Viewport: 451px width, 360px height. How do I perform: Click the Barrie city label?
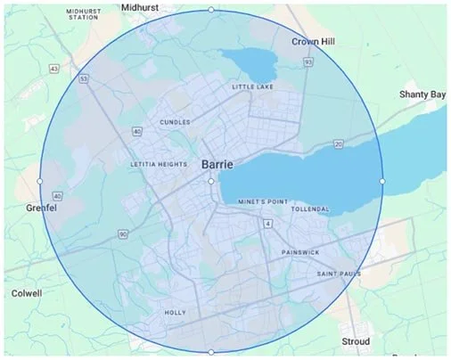click(x=218, y=165)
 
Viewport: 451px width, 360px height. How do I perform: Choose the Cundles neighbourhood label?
click(x=175, y=122)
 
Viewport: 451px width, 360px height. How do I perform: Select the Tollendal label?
click(x=310, y=209)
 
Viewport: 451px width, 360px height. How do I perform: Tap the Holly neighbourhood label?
click(x=176, y=313)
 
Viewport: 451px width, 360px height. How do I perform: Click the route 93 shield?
click(x=307, y=62)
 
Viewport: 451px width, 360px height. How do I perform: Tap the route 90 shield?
click(x=122, y=233)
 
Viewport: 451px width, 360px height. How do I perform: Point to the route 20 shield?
click(x=339, y=143)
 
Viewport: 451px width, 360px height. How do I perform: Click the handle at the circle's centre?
click(x=211, y=182)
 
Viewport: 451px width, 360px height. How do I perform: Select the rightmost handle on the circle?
click(x=382, y=182)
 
